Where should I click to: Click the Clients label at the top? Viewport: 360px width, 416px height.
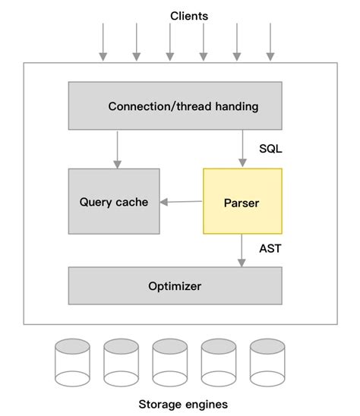pyautogui.click(x=188, y=15)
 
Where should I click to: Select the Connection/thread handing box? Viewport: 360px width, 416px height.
pyautogui.click(x=175, y=106)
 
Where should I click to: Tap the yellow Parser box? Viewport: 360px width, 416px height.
pyautogui.click(x=242, y=201)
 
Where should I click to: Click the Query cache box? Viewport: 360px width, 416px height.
pyautogui.click(x=114, y=201)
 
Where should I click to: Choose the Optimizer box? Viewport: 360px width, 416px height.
pyautogui.click(x=175, y=285)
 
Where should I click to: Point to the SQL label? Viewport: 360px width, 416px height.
pyautogui.click(x=270, y=149)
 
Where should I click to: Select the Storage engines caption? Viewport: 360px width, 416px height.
pyautogui.click(x=182, y=404)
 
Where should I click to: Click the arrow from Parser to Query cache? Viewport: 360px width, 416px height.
pyautogui.click(x=182, y=201)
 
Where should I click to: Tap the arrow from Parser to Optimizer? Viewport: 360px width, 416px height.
pyautogui.click(x=242, y=250)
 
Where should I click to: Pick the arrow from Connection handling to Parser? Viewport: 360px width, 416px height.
pyautogui.click(x=242, y=149)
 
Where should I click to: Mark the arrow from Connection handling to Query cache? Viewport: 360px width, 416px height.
pyautogui.click(x=116, y=149)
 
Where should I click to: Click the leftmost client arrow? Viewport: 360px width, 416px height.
pyautogui.click(x=103, y=42)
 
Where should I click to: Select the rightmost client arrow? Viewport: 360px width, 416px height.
pyautogui.click(x=270, y=42)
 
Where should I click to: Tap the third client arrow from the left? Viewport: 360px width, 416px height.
pyautogui.click(x=169, y=42)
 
